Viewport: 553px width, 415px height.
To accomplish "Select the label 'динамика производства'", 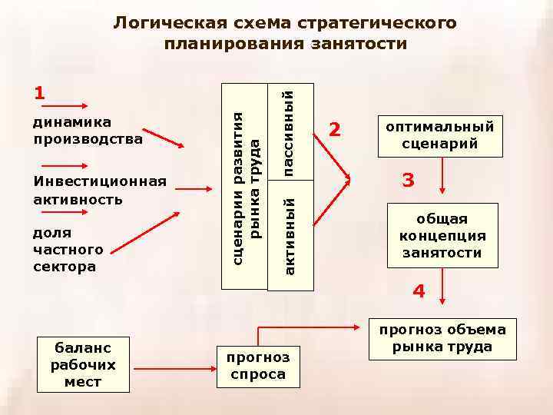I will click(x=88, y=131).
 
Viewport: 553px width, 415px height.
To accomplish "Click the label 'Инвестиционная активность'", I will click(x=100, y=190).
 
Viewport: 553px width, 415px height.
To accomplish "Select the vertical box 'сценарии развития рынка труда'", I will click(x=245, y=186).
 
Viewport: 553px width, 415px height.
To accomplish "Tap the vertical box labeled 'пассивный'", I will click(x=290, y=131).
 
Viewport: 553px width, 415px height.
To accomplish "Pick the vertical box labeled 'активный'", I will click(x=290, y=235).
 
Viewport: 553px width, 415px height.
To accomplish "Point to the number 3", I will click(x=408, y=181).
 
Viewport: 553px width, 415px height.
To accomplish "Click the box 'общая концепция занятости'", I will click(x=442, y=235).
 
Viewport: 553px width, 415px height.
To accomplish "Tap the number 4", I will click(x=419, y=291).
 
